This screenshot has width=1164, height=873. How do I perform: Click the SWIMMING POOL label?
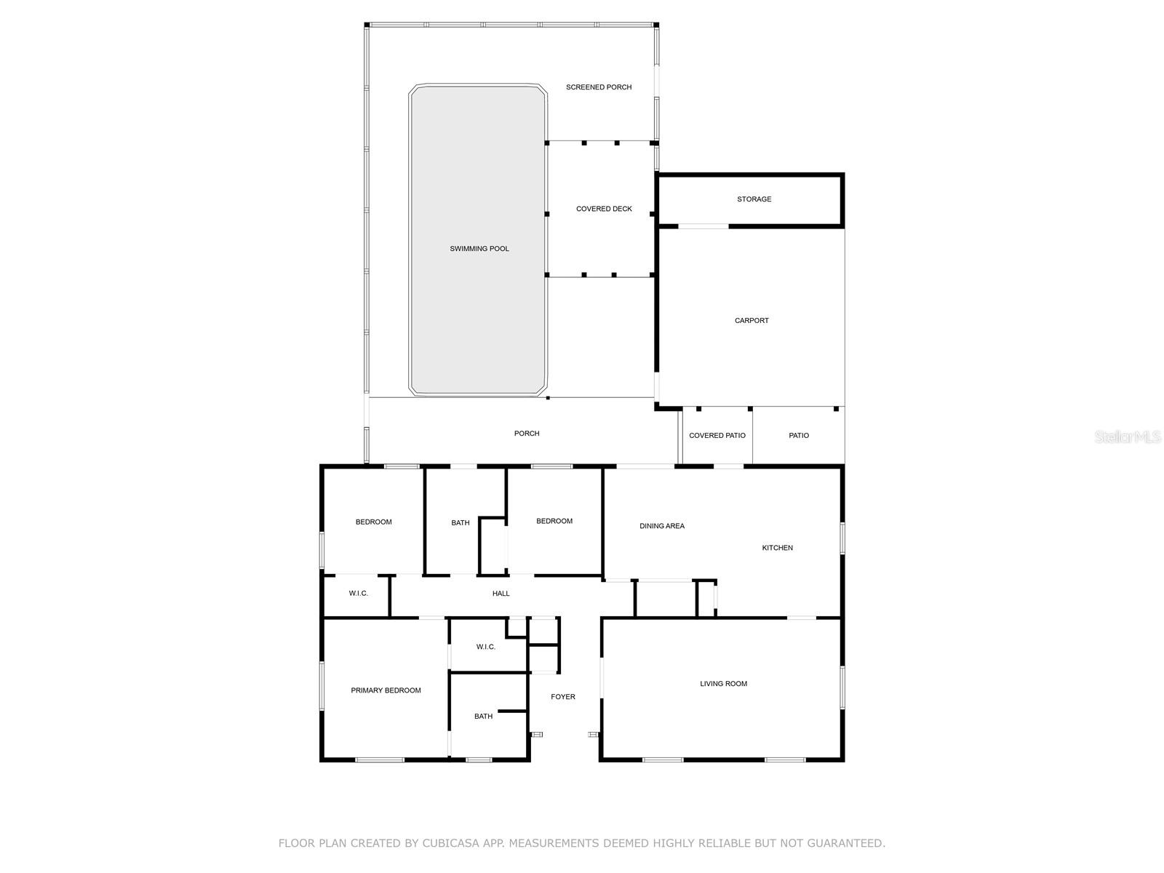point(479,249)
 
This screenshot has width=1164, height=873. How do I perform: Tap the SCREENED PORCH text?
point(598,87)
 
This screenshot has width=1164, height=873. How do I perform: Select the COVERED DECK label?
point(604,209)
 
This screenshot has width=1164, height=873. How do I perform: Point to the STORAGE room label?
point(754,199)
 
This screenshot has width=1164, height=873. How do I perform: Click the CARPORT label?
point(751,321)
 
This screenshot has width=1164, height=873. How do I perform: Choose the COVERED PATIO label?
point(717,436)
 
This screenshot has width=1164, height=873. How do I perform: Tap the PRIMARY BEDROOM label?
point(386,690)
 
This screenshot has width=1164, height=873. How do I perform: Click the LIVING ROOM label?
point(723,684)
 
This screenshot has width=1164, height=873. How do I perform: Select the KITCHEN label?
point(777,548)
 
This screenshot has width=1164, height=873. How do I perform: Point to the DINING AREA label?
point(661,526)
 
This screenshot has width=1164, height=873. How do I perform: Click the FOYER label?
point(562,697)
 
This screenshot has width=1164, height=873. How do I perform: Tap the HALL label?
point(501,594)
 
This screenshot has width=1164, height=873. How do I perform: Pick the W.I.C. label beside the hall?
point(358,594)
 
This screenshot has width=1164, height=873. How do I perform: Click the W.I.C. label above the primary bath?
point(485,647)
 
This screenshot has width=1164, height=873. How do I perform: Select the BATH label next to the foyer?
point(483,717)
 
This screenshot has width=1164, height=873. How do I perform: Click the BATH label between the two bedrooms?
point(460,523)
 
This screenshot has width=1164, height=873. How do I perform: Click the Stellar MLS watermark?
point(1128,436)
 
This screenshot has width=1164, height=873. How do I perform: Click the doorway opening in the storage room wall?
point(703,226)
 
